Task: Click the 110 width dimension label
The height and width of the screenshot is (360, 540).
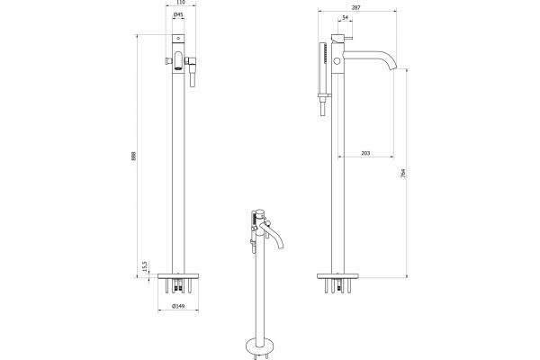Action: pyautogui.click(x=181, y=2)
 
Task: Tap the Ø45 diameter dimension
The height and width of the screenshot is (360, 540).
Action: pyautogui.click(x=178, y=14)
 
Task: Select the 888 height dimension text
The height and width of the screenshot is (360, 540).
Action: pyautogui.click(x=133, y=156)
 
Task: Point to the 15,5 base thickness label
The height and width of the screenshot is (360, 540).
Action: pyautogui.click(x=145, y=265)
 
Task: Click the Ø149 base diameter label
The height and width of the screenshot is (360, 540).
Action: pyautogui.click(x=178, y=306)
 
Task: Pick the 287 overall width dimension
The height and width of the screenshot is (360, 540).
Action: pyautogui.click(x=356, y=7)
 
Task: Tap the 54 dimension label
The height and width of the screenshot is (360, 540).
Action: pyautogui.click(x=346, y=18)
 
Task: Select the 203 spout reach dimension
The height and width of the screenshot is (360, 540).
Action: pyautogui.click(x=365, y=153)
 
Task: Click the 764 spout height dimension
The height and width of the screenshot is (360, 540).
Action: pyautogui.click(x=403, y=173)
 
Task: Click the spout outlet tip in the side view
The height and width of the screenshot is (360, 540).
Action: pyautogui.click(x=393, y=68)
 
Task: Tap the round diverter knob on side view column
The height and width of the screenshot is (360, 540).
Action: pyautogui.click(x=337, y=61)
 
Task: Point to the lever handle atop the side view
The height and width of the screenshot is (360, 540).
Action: pyautogui.click(x=342, y=38)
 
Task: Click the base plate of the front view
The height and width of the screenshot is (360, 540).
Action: pyautogui.click(x=178, y=276)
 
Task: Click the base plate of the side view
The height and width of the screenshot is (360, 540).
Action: pyautogui.click(x=337, y=276)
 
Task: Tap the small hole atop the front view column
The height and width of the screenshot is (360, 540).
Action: pyautogui.click(x=178, y=38)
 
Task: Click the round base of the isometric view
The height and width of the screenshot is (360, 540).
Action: pyautogui.click(x=261, y=346)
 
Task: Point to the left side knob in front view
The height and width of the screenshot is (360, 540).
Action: pyautogui.click(x=168, y=61)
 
